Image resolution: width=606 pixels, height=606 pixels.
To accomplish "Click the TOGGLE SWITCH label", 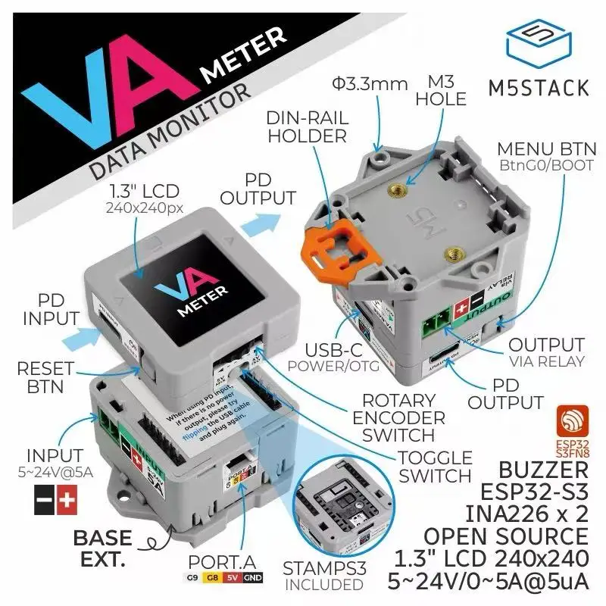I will point(435,467).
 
